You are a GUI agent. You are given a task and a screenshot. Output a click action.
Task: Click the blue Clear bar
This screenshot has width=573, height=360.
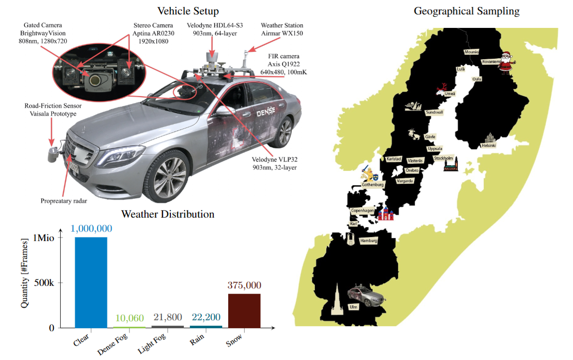click(x=91, y=282)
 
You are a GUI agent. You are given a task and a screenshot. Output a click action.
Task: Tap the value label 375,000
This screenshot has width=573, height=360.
click(x=244, y=285)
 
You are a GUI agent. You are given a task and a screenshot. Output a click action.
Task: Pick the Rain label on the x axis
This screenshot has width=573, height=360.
click(x=196, y=342)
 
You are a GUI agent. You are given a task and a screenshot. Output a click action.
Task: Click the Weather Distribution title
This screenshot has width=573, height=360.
click(x=167, y=215)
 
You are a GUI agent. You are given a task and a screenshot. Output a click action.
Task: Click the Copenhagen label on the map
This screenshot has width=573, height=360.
click(x=362, y=211)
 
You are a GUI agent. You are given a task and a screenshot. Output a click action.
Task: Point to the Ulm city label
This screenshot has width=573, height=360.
click(x=354, y=307)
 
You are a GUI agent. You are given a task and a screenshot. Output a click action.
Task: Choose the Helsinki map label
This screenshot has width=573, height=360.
click(x=488, y=145)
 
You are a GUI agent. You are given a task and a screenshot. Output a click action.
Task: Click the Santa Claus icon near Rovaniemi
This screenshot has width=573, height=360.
click(x=506, y=62)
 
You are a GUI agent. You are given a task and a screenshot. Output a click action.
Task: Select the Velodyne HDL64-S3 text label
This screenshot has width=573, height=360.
click(x=215, y=29)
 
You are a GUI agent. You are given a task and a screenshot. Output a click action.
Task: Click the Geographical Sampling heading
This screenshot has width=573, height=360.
click(x=466, y=11)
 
